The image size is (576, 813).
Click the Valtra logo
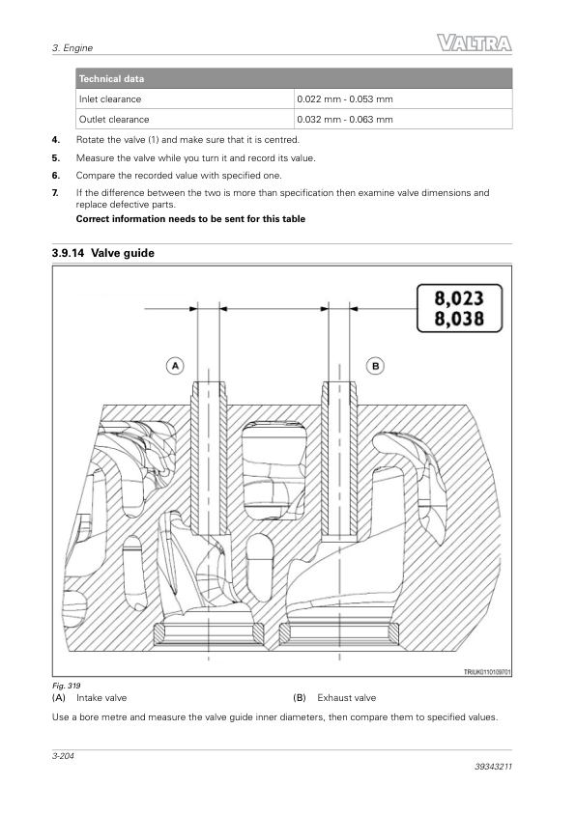click(475, 43)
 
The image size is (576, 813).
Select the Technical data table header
click(294, 79)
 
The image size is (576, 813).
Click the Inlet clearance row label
click(110, 99)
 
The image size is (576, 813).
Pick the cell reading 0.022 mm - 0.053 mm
click(345, 99)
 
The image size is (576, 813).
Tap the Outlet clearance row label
click(114, 120)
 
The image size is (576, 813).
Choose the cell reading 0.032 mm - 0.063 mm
click(345, 120)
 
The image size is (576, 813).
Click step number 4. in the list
click(55, 139)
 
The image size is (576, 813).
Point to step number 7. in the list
click(55, 193)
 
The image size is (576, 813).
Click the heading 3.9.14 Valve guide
click(103, 253)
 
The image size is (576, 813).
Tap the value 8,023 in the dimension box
click(459, 298)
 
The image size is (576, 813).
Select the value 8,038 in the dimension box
click(459, 319)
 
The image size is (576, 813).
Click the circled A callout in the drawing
click(175, 366)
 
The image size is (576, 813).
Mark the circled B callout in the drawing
click(376, 366)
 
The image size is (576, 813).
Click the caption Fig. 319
click(66, 686)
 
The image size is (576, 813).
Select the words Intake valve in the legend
click(101, 698)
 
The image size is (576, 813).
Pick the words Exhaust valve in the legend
click(347, 698)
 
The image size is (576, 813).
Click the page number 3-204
click(63, 755)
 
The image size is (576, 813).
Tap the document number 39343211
click(493, 767)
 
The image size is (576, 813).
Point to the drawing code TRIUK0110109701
click(487, 672)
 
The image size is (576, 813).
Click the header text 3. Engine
click(72, 47)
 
